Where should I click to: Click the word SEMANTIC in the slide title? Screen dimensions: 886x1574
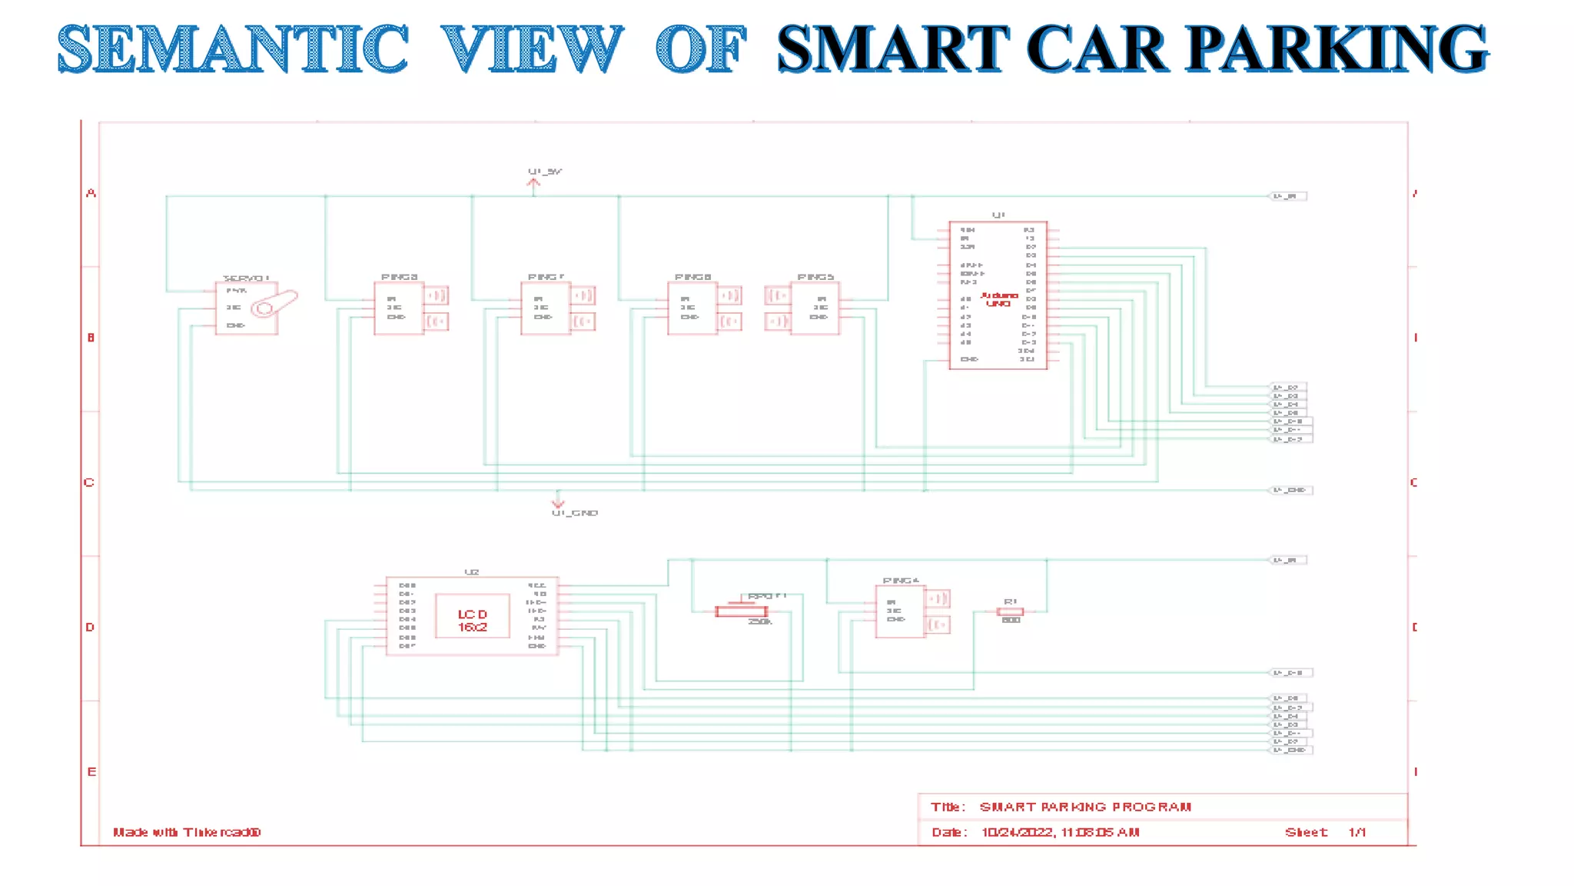click(x=233, y=49)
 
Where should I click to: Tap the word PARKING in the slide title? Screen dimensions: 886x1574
click(x=1337, y=49)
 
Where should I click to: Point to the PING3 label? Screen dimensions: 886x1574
click(x=400, y=277)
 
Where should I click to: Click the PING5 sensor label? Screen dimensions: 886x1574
click(x=815, y=277)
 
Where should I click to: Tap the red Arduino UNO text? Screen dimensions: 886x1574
click(x=999, y=299)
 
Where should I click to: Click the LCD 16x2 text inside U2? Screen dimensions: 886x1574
click(x=473, y=620)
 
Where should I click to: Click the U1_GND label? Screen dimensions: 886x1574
click(x=574, y=513)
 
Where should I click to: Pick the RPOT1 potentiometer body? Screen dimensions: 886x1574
click(x=741, y=611)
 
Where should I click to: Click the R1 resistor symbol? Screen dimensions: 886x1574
click(x=1010, y=611)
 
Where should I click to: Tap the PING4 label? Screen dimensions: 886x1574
click(x=901, y=581)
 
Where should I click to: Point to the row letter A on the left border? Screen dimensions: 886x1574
click(x=91, y=193)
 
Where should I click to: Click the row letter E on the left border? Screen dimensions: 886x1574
click(x=91, y=771)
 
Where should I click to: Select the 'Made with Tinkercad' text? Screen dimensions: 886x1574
click(x=187, y=832)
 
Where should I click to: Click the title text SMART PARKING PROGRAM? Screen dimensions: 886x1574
click(x=1085, y=807)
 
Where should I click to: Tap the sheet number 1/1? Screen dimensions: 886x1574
click(x=1356, y=832)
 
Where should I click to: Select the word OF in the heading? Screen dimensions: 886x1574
click(x=701, y=49)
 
